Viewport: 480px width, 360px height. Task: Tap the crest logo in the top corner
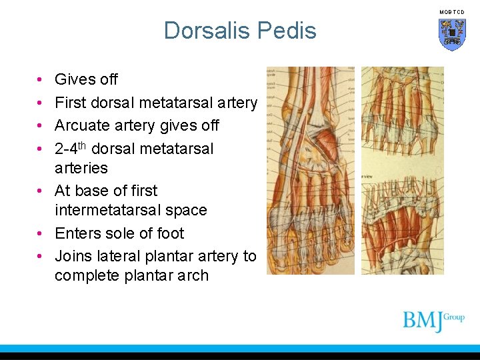[x=451, y=34]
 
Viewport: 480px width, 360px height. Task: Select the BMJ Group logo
[x=433, y=321]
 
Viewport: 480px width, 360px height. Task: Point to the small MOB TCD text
[x=451, y=12]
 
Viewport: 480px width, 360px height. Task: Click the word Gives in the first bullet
[x=71, y=79]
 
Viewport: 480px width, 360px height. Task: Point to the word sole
[x=116, y=233]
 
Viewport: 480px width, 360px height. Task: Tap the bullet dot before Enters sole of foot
[x=41, y=233]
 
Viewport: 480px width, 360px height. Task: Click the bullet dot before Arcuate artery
[x=41, y=125]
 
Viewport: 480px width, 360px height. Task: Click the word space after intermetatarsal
[x=187, y=210]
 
